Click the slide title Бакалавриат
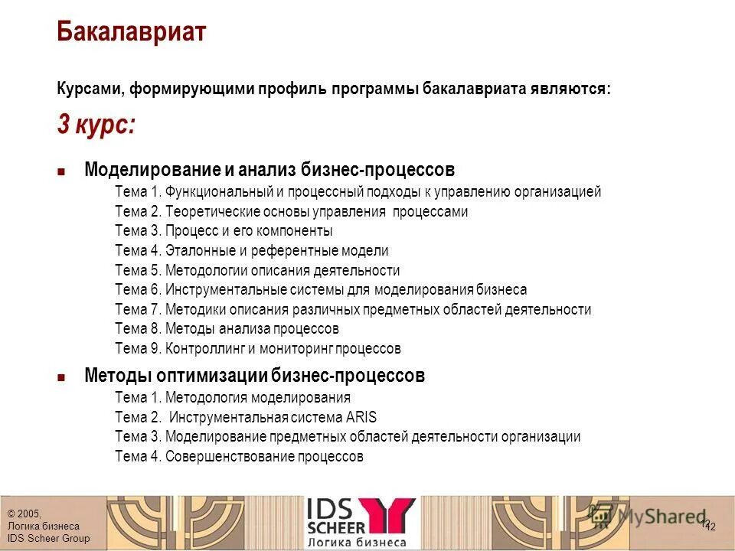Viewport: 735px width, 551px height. point(132,32)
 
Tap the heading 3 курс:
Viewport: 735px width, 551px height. point(96,124)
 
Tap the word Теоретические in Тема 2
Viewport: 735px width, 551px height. point(202,212)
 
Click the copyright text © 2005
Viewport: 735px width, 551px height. point(24,514)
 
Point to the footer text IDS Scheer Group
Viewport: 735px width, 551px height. point(48,539)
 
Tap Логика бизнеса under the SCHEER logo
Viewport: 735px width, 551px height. point(357,542)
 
